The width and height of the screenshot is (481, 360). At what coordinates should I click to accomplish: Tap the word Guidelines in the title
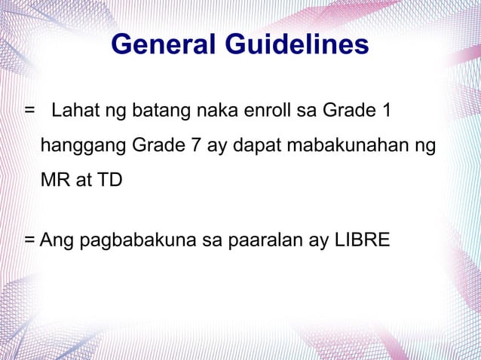pyautogui.click(x=297, y=45)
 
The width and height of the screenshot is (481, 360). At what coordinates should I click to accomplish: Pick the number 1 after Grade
pyautogui.click(x=386, y=112)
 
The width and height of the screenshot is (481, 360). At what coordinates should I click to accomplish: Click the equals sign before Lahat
pyautogui.click(x=29, y=112)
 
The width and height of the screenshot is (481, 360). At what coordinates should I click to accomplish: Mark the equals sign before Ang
pyautogui.click(x=29, y=242)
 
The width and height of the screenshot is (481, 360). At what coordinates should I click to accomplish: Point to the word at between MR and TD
pyautogui.click(x=84, y=181)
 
